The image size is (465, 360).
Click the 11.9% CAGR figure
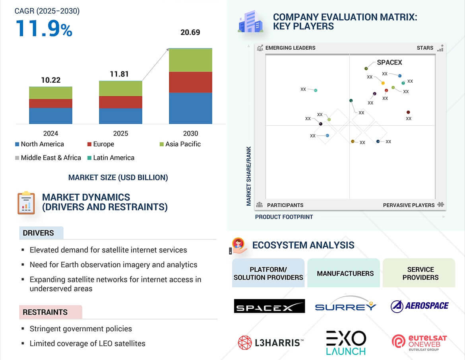[44, 29]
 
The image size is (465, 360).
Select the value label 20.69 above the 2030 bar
[190, 33]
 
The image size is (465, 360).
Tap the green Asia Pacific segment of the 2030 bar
[190, 60]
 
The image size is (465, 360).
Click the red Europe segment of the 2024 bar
[50, 103]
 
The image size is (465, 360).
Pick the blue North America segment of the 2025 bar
[120, 116]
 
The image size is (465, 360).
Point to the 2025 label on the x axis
[120, 133]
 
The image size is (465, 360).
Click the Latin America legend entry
[113, 158]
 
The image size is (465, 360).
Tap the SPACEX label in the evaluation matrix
[389, 62]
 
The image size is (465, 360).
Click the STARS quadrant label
[425, 48]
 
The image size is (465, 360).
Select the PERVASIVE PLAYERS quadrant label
[409, 205]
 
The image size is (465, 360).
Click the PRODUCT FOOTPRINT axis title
[284, 217]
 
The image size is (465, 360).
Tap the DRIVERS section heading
[38, 233]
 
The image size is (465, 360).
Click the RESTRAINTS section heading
[45, 312]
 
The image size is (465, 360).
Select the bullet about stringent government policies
[80, 329]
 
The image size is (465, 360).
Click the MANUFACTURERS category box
[345, 273]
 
